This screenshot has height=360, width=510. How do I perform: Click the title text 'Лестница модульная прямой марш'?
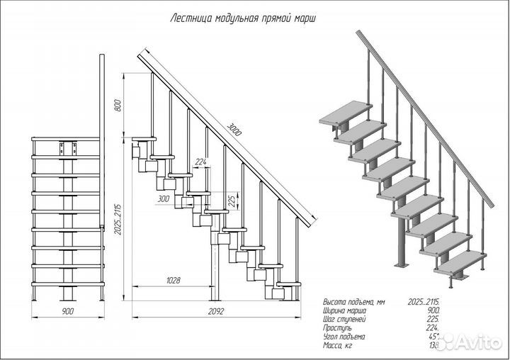click(244, 18)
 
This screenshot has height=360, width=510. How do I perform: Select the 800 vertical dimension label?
click(118, 105)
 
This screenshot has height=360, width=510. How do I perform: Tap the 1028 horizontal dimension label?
click(172, 281)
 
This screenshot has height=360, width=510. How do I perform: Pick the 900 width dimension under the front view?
click(68, 311)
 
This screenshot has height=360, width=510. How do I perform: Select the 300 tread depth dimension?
click(164, 199)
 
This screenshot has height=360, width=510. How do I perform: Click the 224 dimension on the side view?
click(200, 163)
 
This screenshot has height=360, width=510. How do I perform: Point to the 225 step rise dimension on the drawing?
click(232, 198)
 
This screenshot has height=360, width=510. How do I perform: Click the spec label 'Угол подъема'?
click(344, 337)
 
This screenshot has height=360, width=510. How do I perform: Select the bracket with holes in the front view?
click(69, 148)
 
